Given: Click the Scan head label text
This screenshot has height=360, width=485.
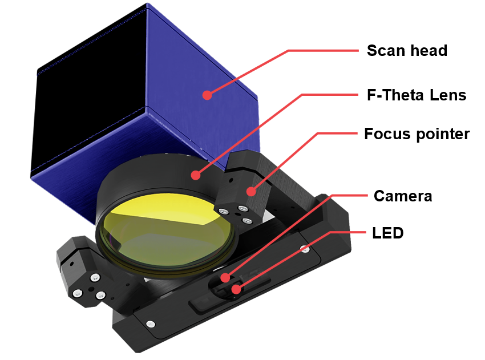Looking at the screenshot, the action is click(x=407, y=50).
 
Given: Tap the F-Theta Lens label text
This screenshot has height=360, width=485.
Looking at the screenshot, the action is click(x=417, y=95).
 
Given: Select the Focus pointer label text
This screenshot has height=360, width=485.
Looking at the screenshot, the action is click(x=417, y=134).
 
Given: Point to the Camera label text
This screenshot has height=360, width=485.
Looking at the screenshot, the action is click(x=403, y=196).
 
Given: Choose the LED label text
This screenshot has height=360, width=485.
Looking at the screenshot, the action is click(x=388, y=233).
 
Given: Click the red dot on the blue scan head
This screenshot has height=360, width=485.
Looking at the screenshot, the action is click(x=207, y=95).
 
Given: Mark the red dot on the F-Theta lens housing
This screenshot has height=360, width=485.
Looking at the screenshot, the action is click(x=196, y=175).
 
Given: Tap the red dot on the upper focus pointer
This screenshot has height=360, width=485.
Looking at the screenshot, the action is click(x=251, y=192).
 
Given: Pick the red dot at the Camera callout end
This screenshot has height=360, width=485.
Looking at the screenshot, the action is click(x=225, y=278).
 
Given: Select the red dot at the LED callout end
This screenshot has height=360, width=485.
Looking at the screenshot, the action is click(x=236, y=289).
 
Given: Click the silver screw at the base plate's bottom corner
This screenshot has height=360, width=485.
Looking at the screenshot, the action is click(x=151, y=324).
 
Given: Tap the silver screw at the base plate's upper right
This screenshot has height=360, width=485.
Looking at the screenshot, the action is click(x=305, y=248).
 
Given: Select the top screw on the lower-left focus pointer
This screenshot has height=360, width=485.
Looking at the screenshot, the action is click(x=95, y=278).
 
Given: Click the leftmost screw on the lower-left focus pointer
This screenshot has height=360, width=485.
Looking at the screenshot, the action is click(x=78, y=293).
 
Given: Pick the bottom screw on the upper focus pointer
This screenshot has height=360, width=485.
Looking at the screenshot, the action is click(x=247, y=221).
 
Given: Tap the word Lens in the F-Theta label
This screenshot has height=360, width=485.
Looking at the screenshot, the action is click(x=448, y=95).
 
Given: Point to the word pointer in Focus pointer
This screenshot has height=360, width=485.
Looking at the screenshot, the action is click(x=443, y=135).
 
